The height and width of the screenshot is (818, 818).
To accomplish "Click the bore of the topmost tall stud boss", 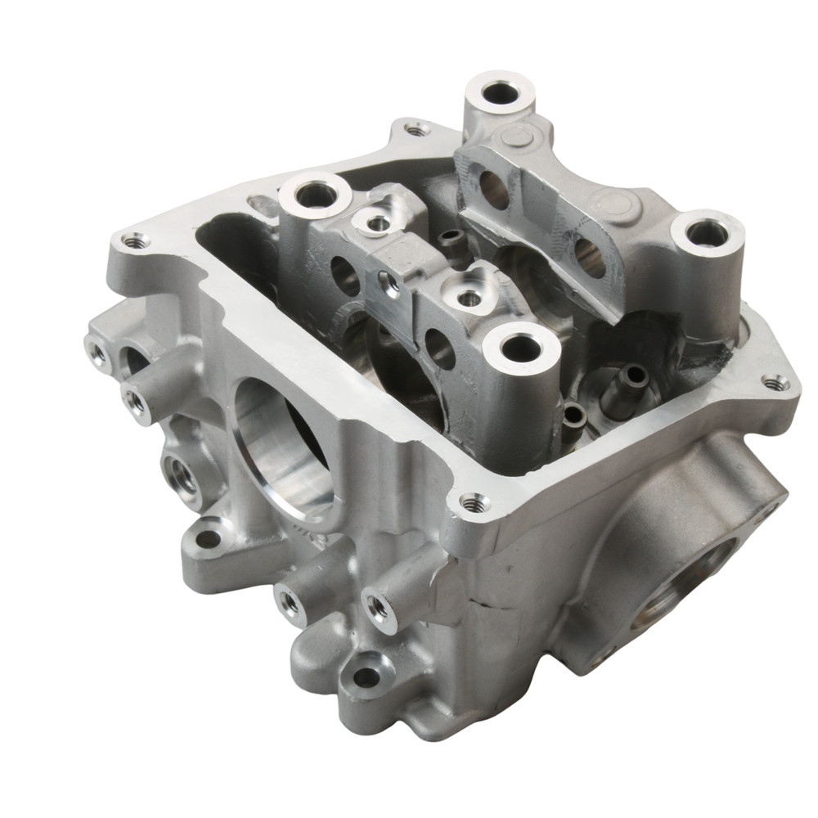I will click(501, 93).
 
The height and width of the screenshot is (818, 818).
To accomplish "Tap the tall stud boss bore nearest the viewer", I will click(521, 350).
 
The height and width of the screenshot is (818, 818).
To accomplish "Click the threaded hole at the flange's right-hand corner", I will click(774, 382).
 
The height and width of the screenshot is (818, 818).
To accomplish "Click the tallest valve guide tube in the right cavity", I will click(631, 375).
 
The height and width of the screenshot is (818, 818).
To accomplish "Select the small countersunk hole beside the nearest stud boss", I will click(470, 299).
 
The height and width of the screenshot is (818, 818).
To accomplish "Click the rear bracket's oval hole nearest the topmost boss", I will click(494, 190).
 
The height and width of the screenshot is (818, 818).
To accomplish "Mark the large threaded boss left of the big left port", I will click(182, 473).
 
